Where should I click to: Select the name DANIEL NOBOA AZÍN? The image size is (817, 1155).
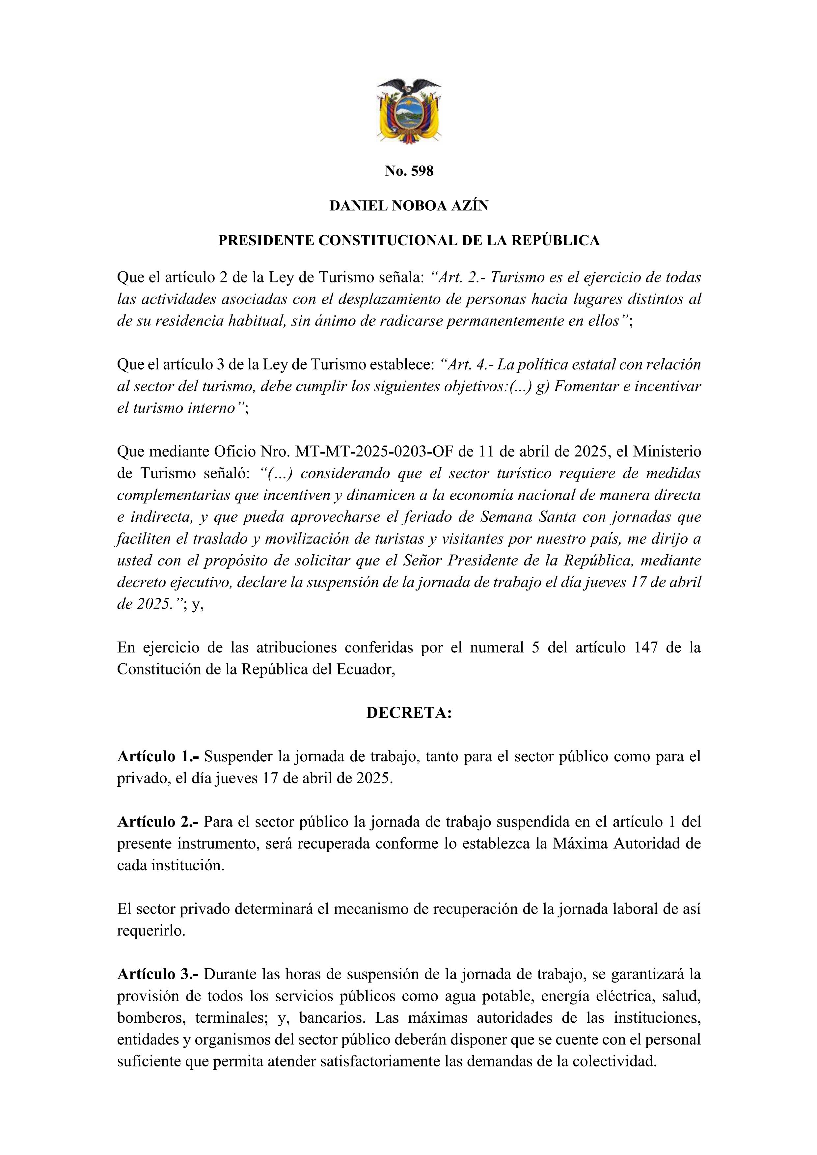(x=409, y=206)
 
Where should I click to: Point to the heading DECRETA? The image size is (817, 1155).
(x=409, y=713)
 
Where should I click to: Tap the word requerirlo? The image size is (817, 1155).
(x=151, y=931)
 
